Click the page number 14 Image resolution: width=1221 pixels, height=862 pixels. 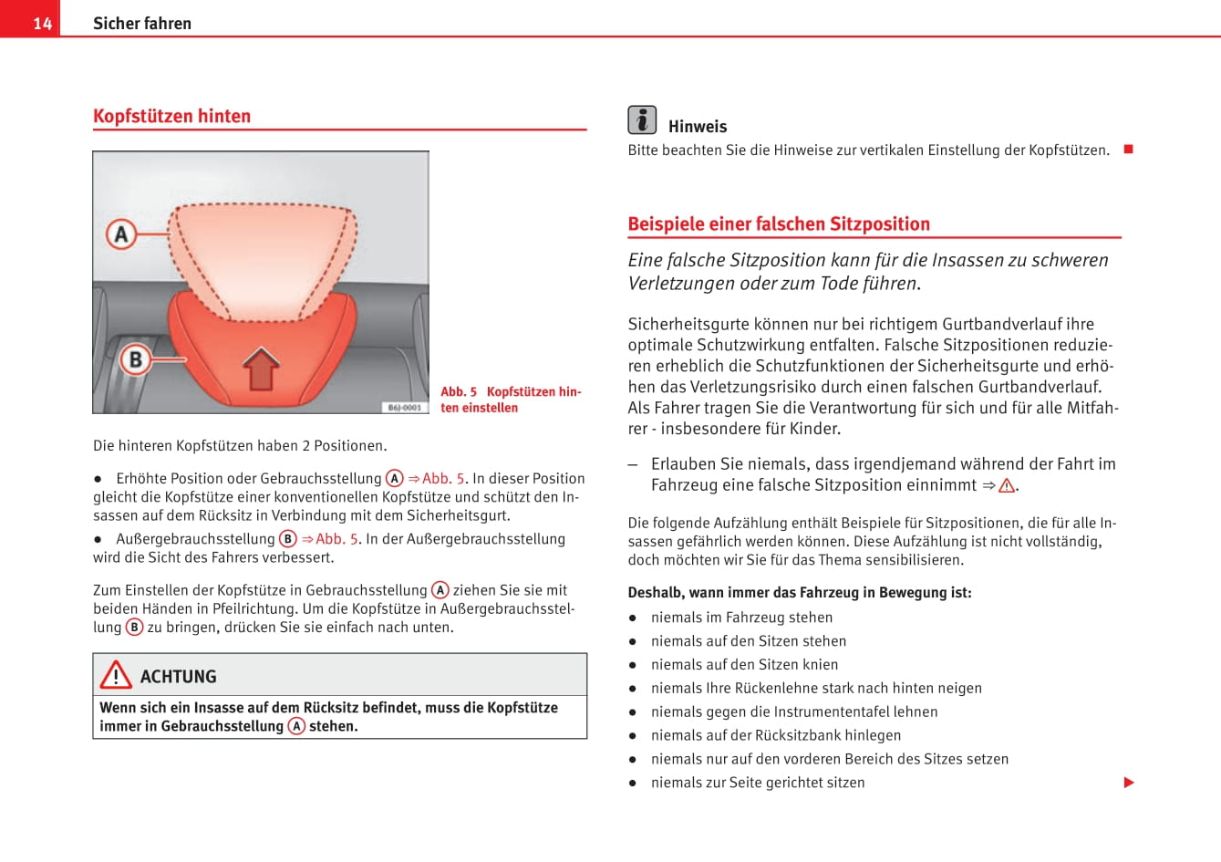(x=42, y=23)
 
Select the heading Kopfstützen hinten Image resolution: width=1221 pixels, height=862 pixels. (x=171, y=116)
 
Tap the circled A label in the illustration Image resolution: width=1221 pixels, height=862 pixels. (x=121, y=234)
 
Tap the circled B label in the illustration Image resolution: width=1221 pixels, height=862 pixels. (x=135, y=358)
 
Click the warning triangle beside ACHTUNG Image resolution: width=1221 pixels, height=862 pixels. (x=116, y=675)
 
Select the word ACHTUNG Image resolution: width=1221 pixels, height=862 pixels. (x=179, y=677)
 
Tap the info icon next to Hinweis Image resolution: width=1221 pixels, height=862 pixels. (x=642, y=119)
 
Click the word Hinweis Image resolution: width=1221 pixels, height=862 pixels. (x=698, y=127)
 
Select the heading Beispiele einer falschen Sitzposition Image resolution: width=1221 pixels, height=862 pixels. (x=779, y=223)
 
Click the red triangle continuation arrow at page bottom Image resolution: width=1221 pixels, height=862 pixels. (x=1129, y=783)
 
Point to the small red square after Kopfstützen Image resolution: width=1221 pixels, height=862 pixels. (x=1128, y=149)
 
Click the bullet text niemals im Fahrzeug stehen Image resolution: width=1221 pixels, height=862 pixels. (x=741, y=618)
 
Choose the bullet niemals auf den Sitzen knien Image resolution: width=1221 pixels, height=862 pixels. (x=744, y=665)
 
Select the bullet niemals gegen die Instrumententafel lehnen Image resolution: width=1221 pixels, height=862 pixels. (x=794, y=711)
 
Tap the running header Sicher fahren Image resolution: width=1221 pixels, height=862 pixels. (x=142, y=23)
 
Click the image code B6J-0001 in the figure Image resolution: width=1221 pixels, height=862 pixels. (x=404, y=407)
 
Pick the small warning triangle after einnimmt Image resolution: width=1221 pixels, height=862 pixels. (x=1007, y=486)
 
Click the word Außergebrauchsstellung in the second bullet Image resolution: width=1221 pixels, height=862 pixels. (x=195, y=539)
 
